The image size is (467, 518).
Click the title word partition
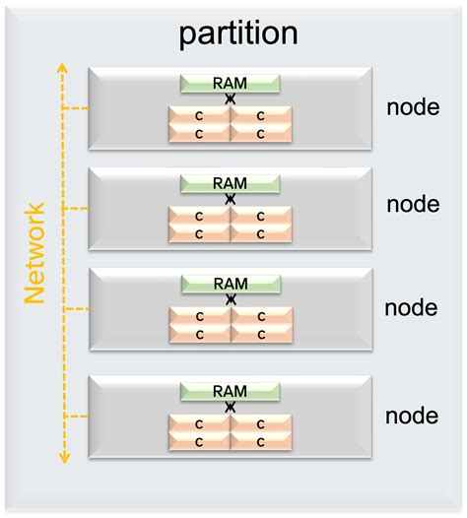237,33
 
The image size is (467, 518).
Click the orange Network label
35,253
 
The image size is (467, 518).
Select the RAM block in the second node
230,183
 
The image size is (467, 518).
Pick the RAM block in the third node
230,284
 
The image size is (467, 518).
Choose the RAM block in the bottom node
230,391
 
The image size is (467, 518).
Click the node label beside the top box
412,106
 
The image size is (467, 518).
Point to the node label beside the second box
412,205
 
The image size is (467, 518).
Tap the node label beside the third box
412,307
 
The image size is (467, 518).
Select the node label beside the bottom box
412,415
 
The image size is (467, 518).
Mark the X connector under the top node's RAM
231,99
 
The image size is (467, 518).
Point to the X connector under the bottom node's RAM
231,406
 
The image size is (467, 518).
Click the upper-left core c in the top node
199,116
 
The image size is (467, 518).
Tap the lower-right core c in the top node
261,133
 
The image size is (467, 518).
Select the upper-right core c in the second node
261,217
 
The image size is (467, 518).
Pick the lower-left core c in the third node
199,334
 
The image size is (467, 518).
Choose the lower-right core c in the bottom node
261,440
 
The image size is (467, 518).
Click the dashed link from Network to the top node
76,108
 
